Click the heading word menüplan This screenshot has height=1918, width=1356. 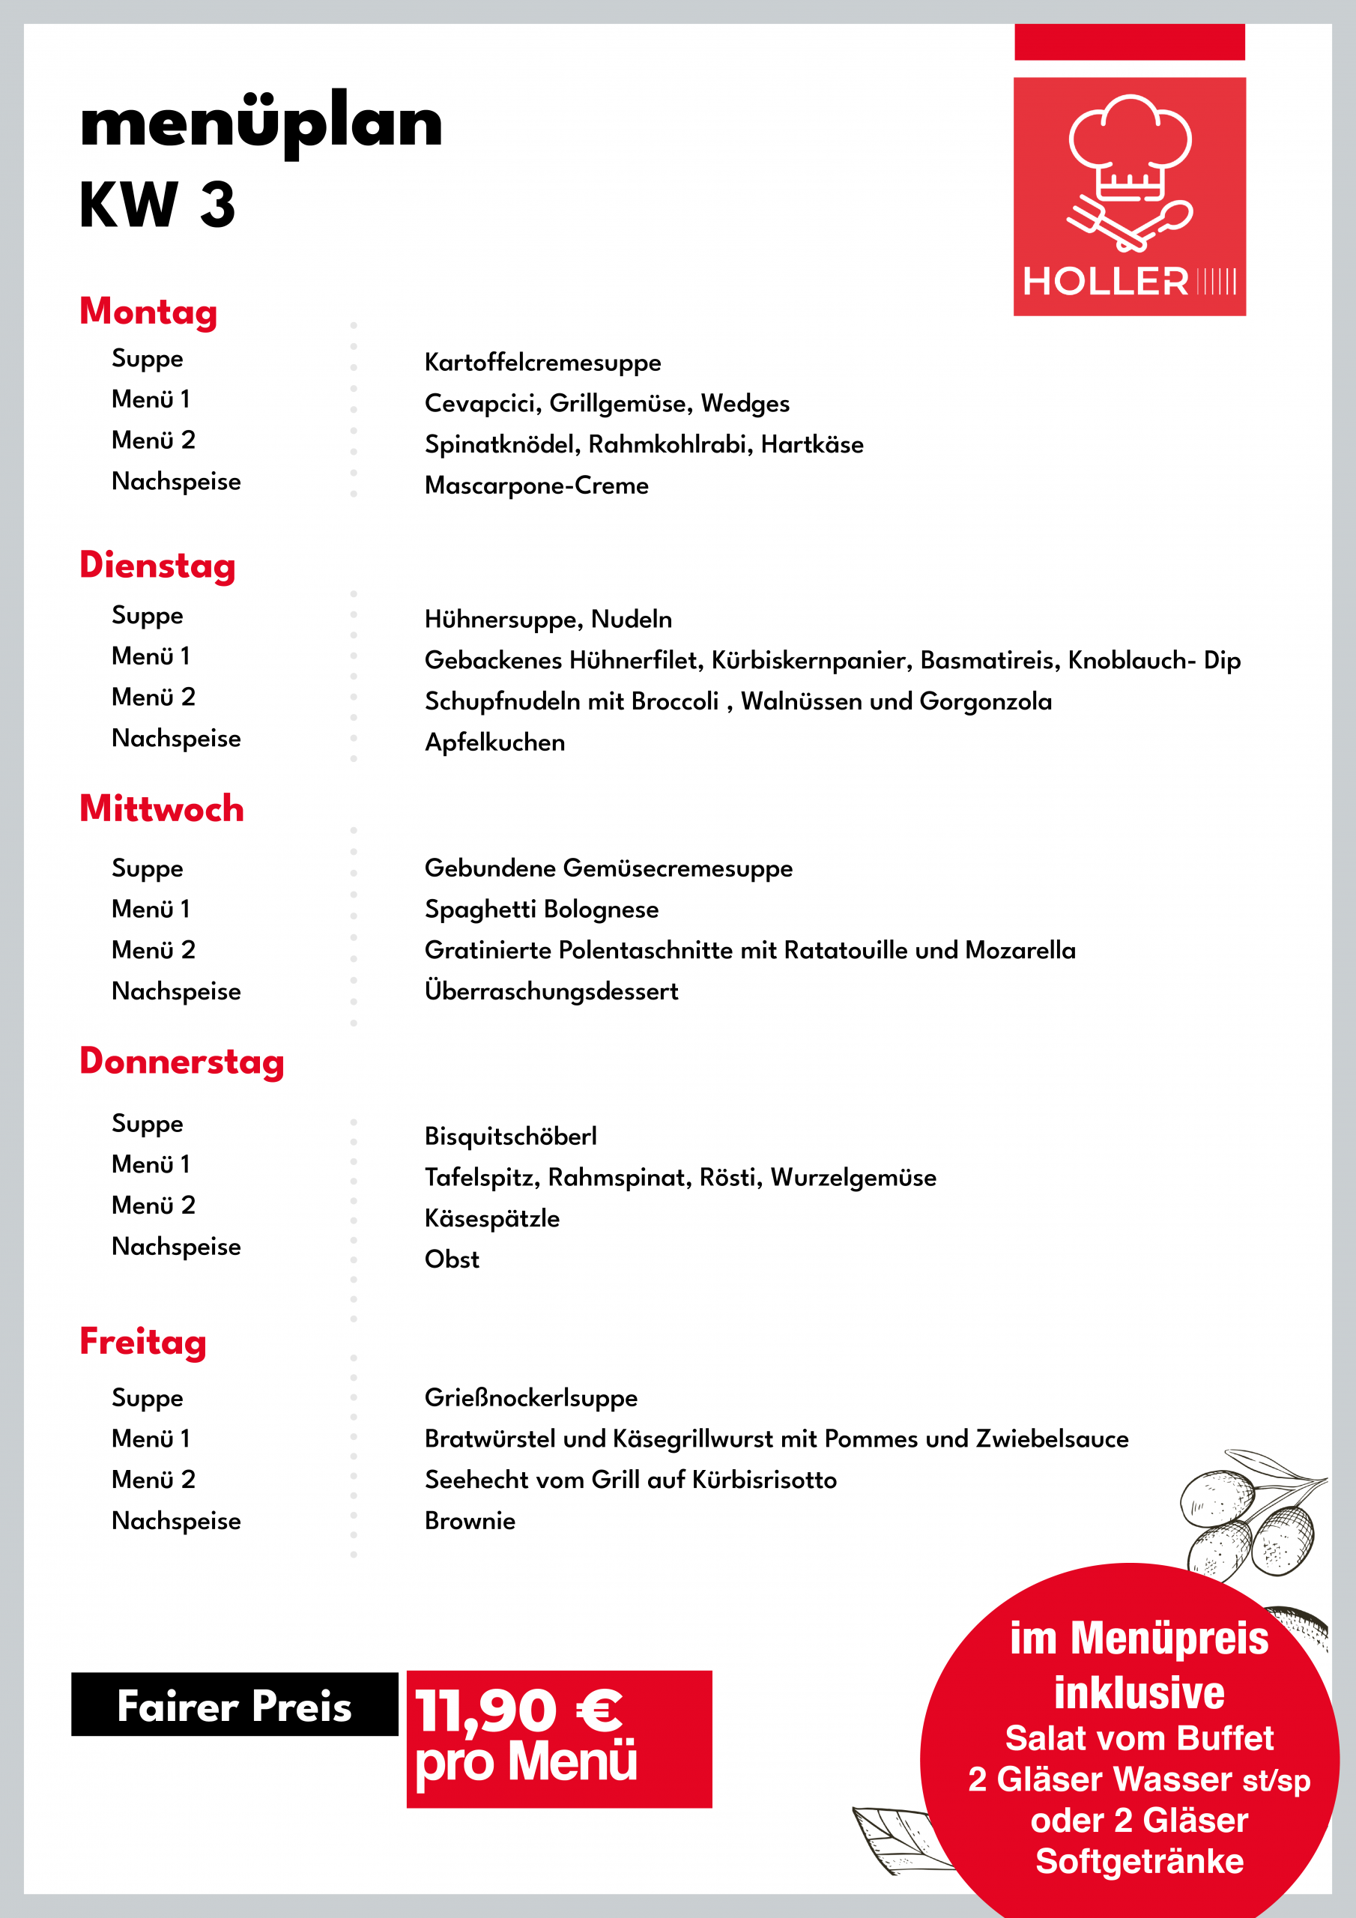point(261,124)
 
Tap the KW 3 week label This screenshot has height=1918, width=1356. point(157,205)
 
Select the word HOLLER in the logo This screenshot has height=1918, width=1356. point(1105,282)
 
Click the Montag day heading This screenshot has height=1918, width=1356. point(149,312)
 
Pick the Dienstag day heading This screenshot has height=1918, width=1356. point(158,566)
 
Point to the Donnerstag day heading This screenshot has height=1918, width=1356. point(182,1062)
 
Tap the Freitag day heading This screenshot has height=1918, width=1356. point(143,1343)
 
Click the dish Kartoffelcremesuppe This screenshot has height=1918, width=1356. point(542,363)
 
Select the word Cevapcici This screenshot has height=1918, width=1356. point(482,404)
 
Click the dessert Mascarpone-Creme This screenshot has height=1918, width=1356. point(536,485)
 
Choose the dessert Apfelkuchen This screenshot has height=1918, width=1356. point(494,742)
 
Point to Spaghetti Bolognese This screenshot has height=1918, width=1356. point(542,909)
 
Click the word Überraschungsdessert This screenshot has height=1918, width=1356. point(551,991)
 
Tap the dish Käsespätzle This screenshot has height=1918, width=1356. point(492,1219)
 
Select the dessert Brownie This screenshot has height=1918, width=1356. point(470,1521)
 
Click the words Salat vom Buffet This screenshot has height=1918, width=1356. point(1139,1739)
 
